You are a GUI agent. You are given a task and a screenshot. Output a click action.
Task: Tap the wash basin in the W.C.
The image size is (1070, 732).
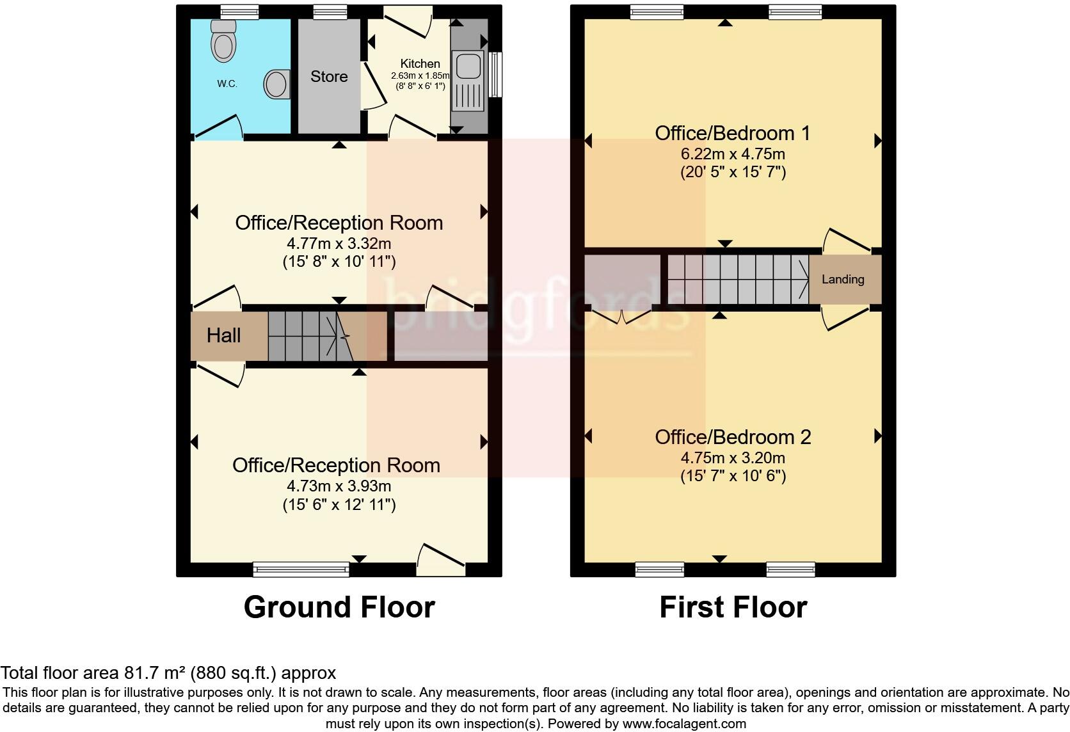277,84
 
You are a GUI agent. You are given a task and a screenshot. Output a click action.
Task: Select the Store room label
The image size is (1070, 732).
329,77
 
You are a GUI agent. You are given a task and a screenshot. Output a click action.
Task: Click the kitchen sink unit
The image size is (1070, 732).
469,82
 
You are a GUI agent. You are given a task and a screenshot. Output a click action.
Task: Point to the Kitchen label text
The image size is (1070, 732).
420,63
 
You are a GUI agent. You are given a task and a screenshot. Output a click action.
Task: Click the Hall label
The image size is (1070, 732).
223,335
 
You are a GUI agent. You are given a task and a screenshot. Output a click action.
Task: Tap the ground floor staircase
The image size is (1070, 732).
310,336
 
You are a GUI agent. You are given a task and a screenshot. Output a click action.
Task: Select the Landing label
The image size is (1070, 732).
843,279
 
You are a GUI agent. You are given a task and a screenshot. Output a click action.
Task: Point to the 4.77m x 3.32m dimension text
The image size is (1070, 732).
339,244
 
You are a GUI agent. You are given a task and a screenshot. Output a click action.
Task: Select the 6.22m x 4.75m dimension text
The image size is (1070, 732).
733,154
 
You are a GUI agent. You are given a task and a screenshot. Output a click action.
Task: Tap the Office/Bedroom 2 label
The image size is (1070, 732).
733,437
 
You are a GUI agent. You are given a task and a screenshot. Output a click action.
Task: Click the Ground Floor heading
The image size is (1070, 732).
339,607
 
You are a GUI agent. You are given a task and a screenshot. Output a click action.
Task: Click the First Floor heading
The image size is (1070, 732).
733,607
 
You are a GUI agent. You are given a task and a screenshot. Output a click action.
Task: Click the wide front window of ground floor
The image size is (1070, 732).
301,569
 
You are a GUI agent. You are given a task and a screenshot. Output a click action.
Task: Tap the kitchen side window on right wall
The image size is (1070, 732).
495,74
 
